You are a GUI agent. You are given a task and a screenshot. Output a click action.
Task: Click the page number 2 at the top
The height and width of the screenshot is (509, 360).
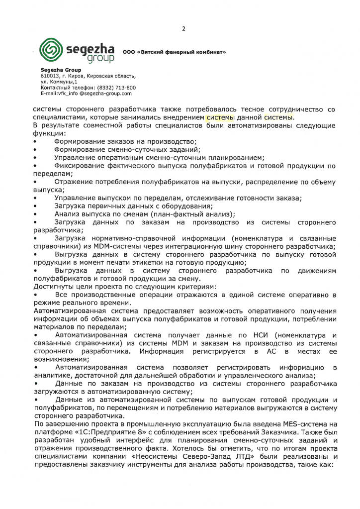(x=183, y=28)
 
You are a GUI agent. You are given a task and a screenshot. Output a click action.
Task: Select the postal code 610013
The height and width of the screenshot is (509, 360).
(x=49, y=76)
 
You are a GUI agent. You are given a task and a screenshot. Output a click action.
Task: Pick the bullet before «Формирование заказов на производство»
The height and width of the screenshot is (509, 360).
(x=35, y=142)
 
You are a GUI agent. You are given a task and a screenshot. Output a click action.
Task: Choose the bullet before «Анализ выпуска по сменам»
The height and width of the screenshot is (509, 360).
(x=35, y=214)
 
